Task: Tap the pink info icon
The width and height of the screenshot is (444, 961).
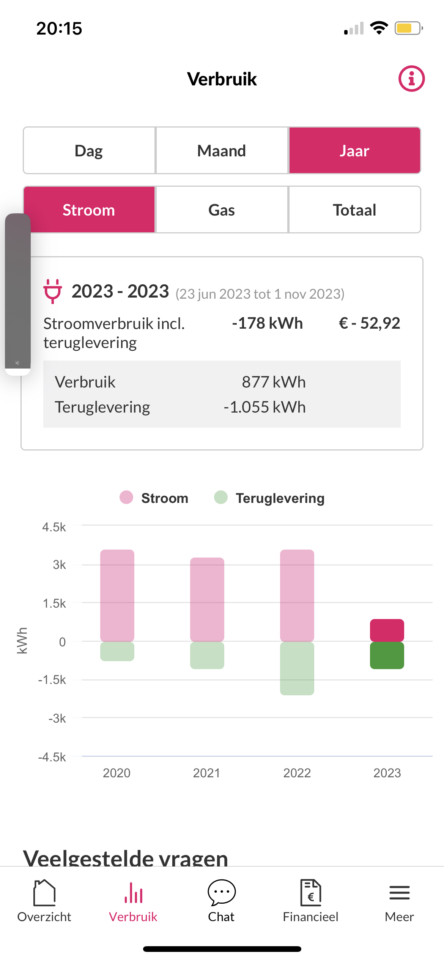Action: tap(411, 79)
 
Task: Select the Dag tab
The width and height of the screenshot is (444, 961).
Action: tap(89, 151)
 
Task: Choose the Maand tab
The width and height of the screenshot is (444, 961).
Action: tap(222, 151)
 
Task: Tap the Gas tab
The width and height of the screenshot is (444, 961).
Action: tap(222, 210)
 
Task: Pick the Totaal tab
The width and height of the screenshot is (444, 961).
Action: tap(354, 210)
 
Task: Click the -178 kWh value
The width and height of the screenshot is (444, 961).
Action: tap(268, 323)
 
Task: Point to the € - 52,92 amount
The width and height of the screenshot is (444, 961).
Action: tap(369, 323)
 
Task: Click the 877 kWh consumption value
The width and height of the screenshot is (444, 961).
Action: tap(274, 382)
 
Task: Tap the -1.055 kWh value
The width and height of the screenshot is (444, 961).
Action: tap(265, 407)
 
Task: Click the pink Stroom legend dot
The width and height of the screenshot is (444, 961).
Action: tap(126, 497)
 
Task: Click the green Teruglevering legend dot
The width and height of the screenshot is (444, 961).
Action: tap(221, 497)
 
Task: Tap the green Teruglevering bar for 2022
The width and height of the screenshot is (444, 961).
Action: tap(297, 668)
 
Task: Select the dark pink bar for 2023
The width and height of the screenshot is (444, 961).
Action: tap(387, 630)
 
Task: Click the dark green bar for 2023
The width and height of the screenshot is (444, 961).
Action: tap(387, 655)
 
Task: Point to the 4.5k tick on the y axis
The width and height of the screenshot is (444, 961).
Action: tap(54, 527)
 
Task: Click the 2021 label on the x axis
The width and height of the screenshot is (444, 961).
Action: tap(206, 773)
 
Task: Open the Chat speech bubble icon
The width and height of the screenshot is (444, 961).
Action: tap(222, 892)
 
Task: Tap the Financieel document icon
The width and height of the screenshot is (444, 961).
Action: tap(310, 892)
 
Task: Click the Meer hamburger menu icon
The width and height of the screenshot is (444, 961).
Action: tap(399, 893)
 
